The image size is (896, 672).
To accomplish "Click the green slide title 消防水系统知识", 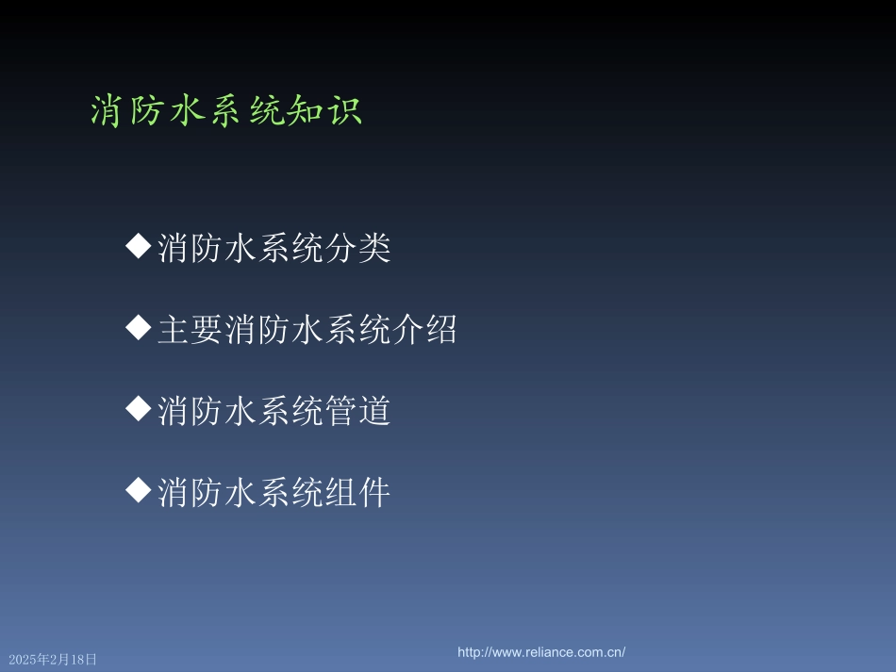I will (x=226, y=111).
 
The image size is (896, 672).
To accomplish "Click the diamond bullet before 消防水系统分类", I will (x=139, y=247).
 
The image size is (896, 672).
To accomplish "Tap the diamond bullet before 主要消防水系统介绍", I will (x=139, y=328).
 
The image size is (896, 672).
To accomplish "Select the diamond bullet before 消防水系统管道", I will (x=139, y=409).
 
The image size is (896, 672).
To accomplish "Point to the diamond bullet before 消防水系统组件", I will (x=139, y=490).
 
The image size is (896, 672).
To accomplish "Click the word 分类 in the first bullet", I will (x=357, y=249).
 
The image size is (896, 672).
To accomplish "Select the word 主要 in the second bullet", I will (x=191, y=330).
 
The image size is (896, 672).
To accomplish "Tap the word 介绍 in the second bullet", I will (x=424, y=330).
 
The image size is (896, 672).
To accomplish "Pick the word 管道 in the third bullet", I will (x=357, y=411).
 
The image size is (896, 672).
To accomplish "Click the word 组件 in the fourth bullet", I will (x=357, y=492).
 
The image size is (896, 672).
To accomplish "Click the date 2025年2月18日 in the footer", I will (x=53, y=660).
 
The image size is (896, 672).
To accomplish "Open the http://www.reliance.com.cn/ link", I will (x=541, y=652).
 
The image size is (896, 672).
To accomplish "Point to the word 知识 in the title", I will (x=328, y=111).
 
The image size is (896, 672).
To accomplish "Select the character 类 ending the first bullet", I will (x=374, y=249).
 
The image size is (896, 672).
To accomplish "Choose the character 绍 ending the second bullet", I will (x=441, y=330).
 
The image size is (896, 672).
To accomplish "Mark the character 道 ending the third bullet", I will (x=374, y=411).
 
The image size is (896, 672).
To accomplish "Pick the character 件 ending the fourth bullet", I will (x=374, y=492).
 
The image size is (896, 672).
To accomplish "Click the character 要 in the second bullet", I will (x=207, y=330).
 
